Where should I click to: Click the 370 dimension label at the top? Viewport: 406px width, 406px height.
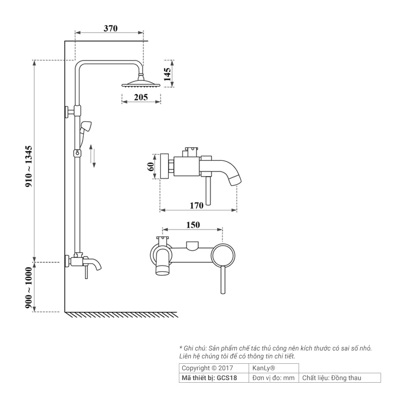110,28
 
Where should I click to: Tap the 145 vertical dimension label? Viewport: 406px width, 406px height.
167,74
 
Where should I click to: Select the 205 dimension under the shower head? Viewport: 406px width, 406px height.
141,97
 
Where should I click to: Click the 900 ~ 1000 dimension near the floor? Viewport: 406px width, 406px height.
29,288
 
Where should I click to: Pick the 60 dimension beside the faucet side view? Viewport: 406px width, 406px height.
151,166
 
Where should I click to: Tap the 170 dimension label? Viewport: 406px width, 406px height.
196,206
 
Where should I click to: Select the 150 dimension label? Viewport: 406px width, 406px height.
193,225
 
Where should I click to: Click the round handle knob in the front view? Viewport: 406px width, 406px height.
223,256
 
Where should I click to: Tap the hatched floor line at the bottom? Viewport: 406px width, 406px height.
123,315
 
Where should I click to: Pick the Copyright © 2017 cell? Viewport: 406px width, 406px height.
207,368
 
